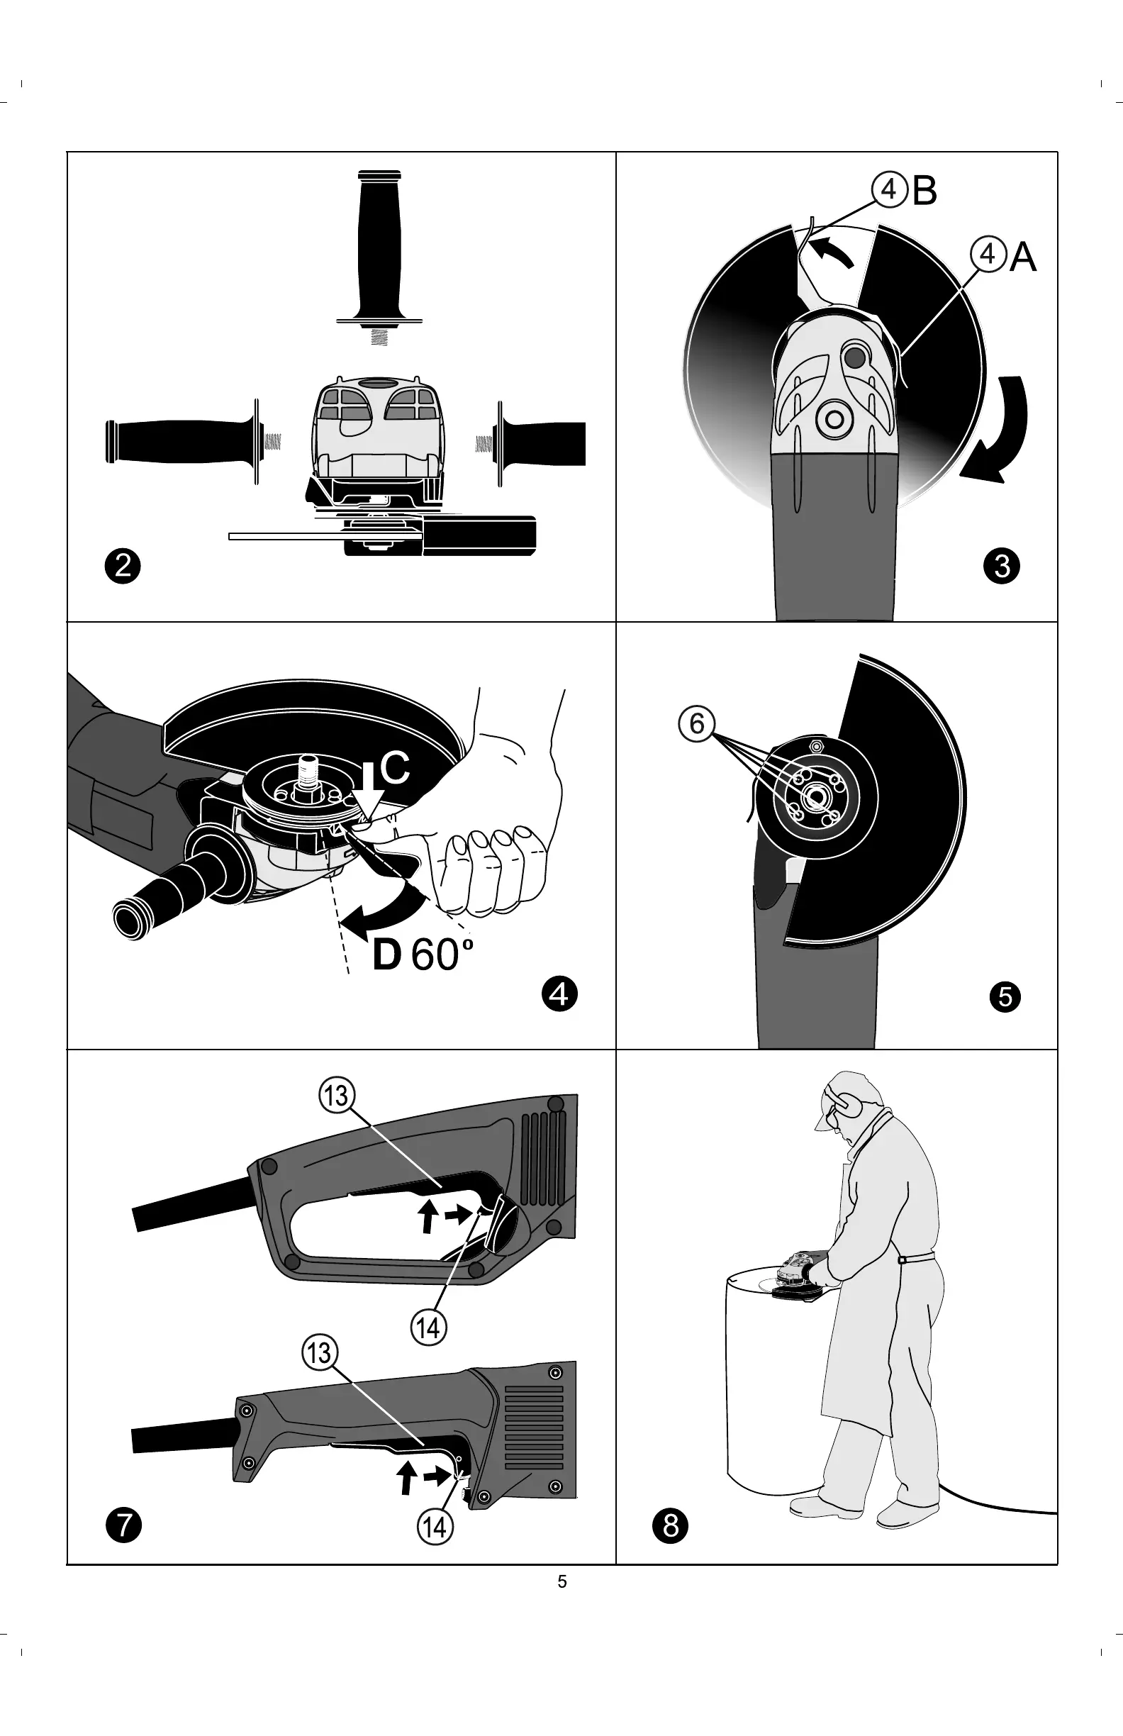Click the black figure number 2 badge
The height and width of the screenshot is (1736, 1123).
click(x=123, y=566)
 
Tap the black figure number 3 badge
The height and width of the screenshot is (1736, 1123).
click(x=1001, y=566)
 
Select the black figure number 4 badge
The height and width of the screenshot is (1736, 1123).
click(x=559, y=994)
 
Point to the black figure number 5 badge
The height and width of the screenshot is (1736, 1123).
click(x=1005, y=996)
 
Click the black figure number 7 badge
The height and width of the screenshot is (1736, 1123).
click(x=123, y=1526)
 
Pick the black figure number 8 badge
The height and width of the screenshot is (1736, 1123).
click(x=670, y=1526)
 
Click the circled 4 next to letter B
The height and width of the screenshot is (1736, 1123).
click(x=889, y=190)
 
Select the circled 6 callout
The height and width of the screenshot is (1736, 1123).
click(x=696, y=724)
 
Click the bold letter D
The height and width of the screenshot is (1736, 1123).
click(x=386, y=955)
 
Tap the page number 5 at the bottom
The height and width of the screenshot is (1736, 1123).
click(x=562, y=1581)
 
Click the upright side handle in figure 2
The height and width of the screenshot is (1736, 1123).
click(x=379, y=248)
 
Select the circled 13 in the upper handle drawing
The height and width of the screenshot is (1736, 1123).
click(x=337, y=1096)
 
